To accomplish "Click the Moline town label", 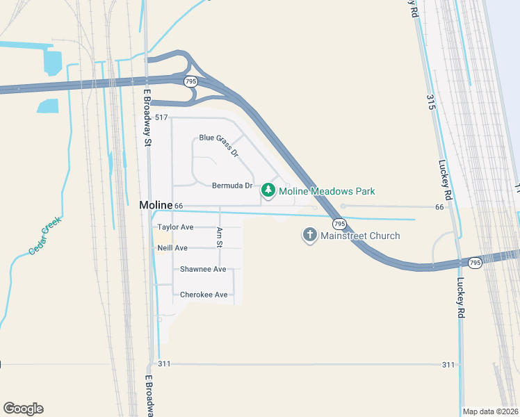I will [x=156, y=205].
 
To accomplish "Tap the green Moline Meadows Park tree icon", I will [x=268, y=190].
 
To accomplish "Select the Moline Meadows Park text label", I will [x=327, y=191].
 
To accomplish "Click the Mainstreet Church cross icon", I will [x=309, y=236].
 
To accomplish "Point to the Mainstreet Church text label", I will [x=360, y=236].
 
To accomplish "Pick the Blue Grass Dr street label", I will [x=218, y=144].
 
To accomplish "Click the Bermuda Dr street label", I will [x=232, y=186].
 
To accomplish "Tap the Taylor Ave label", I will [x=175, y=227].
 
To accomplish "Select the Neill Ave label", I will [x=172, y=248].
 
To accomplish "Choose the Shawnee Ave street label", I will [x=203, y=269].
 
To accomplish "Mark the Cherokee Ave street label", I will [x=204, y=295].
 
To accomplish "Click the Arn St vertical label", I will [x=219, y=237].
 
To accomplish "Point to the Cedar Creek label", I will [x=45, y=236].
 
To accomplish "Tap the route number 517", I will [x=162, y=117].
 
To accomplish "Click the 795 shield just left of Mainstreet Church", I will [x=339, y=224].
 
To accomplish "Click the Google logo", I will [x=23, y=409].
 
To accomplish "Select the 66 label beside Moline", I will [x=179, y=206].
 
